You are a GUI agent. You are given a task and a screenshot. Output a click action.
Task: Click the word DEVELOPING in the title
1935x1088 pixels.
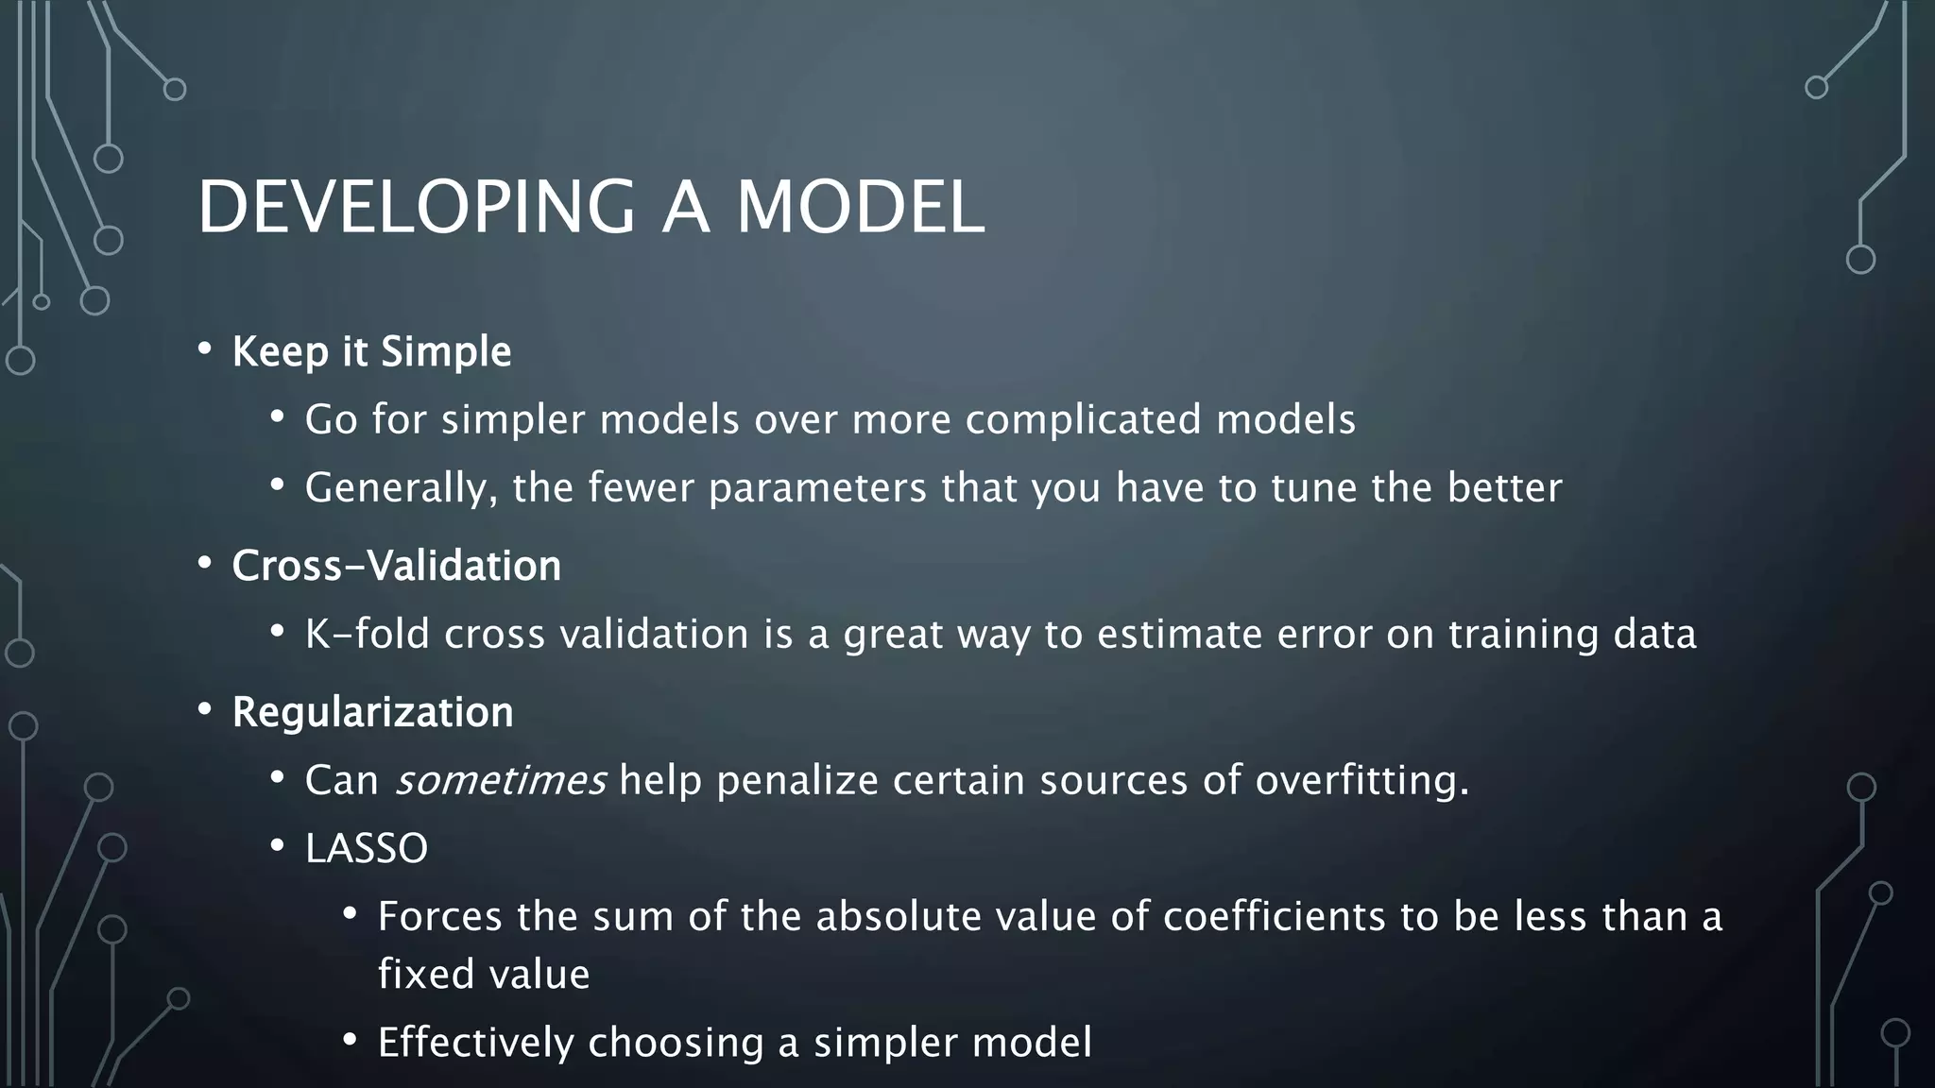416,207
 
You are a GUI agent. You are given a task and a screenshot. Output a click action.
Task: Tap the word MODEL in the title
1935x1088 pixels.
860,207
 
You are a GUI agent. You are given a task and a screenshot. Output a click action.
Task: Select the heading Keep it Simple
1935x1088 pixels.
371,352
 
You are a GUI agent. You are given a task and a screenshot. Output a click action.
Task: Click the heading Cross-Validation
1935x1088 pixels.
397,567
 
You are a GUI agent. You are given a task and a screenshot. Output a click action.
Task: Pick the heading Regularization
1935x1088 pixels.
372,712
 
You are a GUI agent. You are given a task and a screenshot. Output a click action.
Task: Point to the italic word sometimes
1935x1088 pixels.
500,781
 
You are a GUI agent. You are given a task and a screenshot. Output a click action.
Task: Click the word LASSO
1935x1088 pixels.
367,849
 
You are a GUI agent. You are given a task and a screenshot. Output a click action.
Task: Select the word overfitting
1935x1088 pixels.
1361,781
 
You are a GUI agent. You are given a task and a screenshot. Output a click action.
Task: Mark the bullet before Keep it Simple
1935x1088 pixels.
205,348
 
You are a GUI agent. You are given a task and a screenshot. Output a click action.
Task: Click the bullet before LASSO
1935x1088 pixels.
277,846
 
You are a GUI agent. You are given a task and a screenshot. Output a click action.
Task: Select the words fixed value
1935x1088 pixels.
484,975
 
